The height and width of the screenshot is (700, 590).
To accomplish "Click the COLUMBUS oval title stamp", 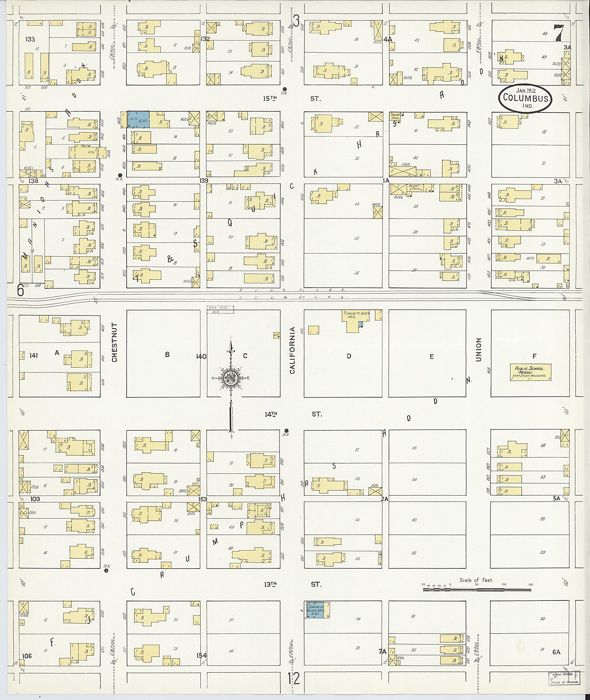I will point(525,98).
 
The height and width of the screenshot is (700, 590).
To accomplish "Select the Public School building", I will point(530,372).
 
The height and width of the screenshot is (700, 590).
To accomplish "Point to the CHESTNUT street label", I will point(114,342).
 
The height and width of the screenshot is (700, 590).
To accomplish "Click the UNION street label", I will point(478,350).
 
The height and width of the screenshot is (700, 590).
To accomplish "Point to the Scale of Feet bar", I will point(477,590).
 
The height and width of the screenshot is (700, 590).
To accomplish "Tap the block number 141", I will point(33,355).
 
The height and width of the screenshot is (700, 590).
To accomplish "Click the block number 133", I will point(30,39).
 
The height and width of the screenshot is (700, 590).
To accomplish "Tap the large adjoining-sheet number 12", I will point(294,679).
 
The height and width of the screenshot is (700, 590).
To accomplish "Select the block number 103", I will point(35,499).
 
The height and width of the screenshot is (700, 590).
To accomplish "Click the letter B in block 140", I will point(167,355).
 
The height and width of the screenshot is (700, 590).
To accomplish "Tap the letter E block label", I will point(432,357).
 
